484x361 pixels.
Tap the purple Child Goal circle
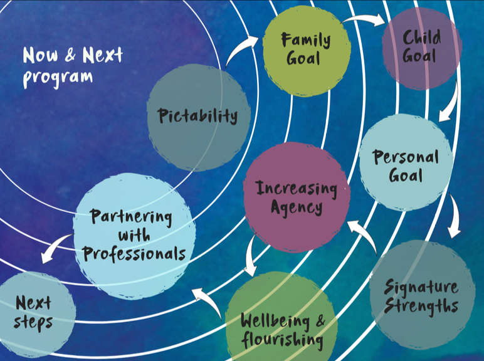pyautogui.click(x=421, y=48)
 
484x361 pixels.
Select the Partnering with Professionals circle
pyautogui.click(x=134, y=235)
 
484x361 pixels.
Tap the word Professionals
pyautogui.click(x=134, y=253)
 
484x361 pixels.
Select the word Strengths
pyautogui.click(x=421, y=306)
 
